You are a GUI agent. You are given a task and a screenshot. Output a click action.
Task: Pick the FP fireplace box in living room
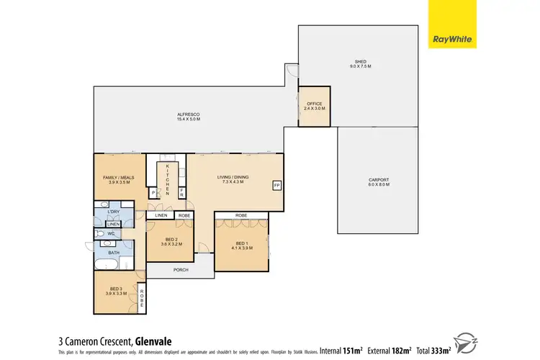tap(276, 186)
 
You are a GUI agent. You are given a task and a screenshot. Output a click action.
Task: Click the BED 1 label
tap(241, 244)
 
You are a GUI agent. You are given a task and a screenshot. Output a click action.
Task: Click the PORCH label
tap(180, 271)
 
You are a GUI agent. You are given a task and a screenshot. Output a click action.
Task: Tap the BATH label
tap(114, 253)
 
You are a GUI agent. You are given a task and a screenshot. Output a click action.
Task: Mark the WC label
tap(112, 233)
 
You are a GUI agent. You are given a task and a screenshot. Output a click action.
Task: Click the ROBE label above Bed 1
tap(241, 215)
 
